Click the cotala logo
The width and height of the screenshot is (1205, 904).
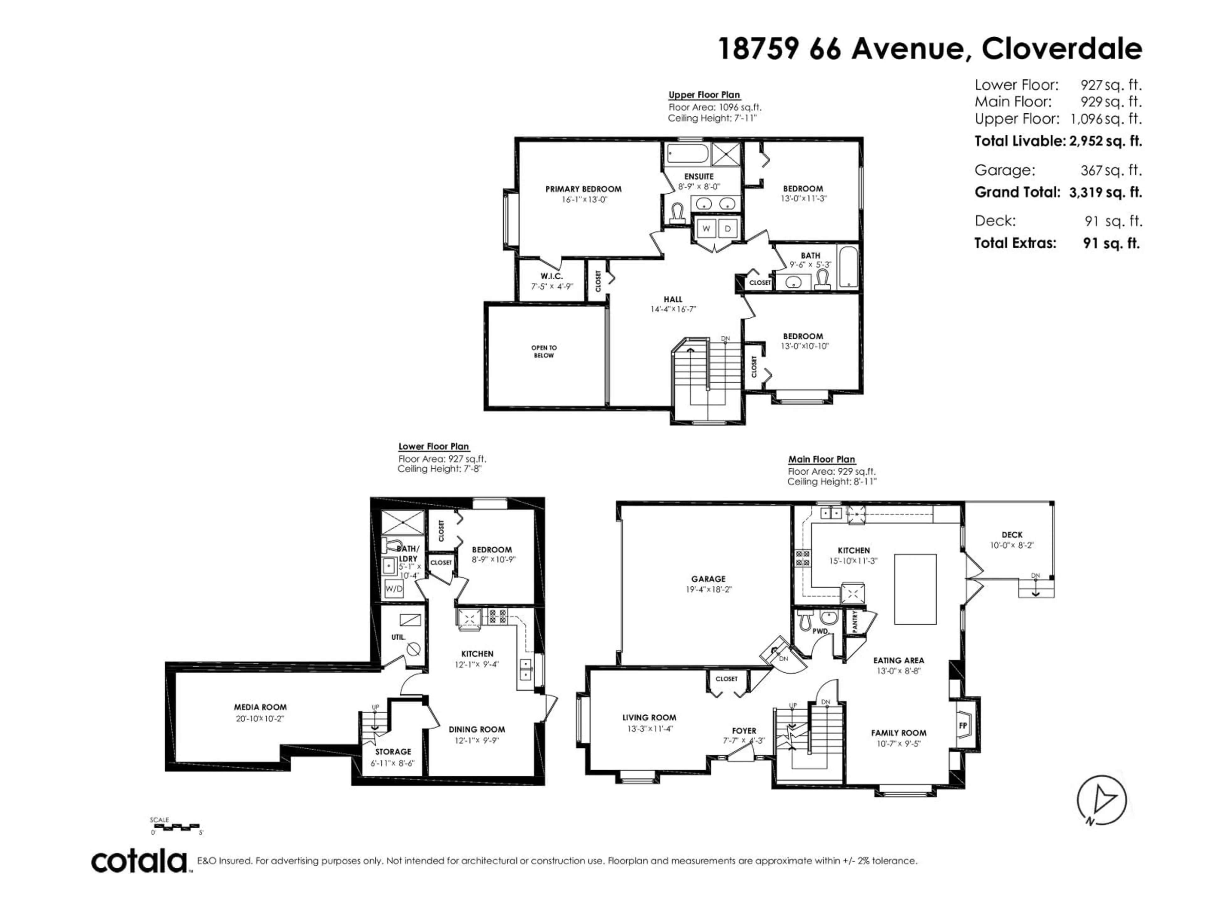pos(139,862)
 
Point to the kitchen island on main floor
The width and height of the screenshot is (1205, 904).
pos(915,589)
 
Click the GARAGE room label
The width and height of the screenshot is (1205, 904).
pos(708,579)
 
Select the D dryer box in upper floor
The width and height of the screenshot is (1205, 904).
pos(727,229)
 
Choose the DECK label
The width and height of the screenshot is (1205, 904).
pos(1012,535)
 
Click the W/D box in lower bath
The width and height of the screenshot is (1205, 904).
pos(393,589)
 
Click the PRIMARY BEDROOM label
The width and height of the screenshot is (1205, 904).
pos(583,189)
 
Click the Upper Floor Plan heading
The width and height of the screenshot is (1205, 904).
pos(704,95)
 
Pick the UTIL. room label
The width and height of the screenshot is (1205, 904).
pos(398,637)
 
